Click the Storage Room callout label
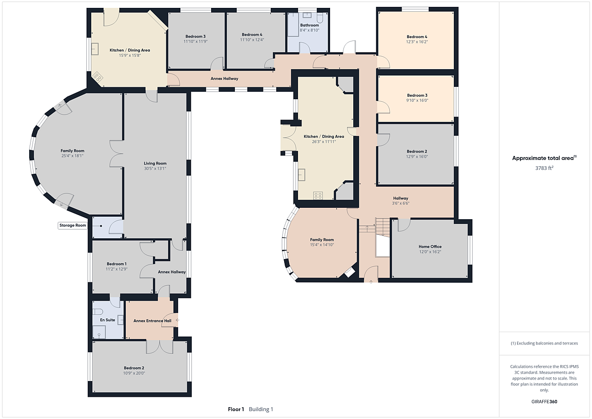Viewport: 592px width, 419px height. point(73,226)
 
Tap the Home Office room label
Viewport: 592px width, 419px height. point(430,246)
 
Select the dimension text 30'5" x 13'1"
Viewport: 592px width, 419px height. point(155,168)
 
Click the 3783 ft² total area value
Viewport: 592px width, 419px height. point(544,168)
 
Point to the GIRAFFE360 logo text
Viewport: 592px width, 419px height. point(544,402)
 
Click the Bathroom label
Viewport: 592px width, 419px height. point(309,25)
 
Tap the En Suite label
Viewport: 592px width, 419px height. point(108,320)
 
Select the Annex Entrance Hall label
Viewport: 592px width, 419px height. point(152,321)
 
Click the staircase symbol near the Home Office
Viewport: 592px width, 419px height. point(382,228)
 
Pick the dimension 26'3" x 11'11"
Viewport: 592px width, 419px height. point(324,142)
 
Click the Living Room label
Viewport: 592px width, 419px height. point(155,163)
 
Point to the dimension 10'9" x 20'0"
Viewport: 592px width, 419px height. point(134,373)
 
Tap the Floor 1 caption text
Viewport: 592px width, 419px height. point(236,409)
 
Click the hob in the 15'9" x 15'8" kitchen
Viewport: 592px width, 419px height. point(97,77)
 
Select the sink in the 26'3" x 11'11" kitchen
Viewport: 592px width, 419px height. point(301,175)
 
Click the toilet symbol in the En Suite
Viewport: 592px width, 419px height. point(97,312)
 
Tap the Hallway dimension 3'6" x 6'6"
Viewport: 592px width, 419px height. point(401,203)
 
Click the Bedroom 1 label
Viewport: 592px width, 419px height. point(116,264)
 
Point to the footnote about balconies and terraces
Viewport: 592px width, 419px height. point(544,343)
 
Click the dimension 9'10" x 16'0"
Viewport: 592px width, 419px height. point(417,101)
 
